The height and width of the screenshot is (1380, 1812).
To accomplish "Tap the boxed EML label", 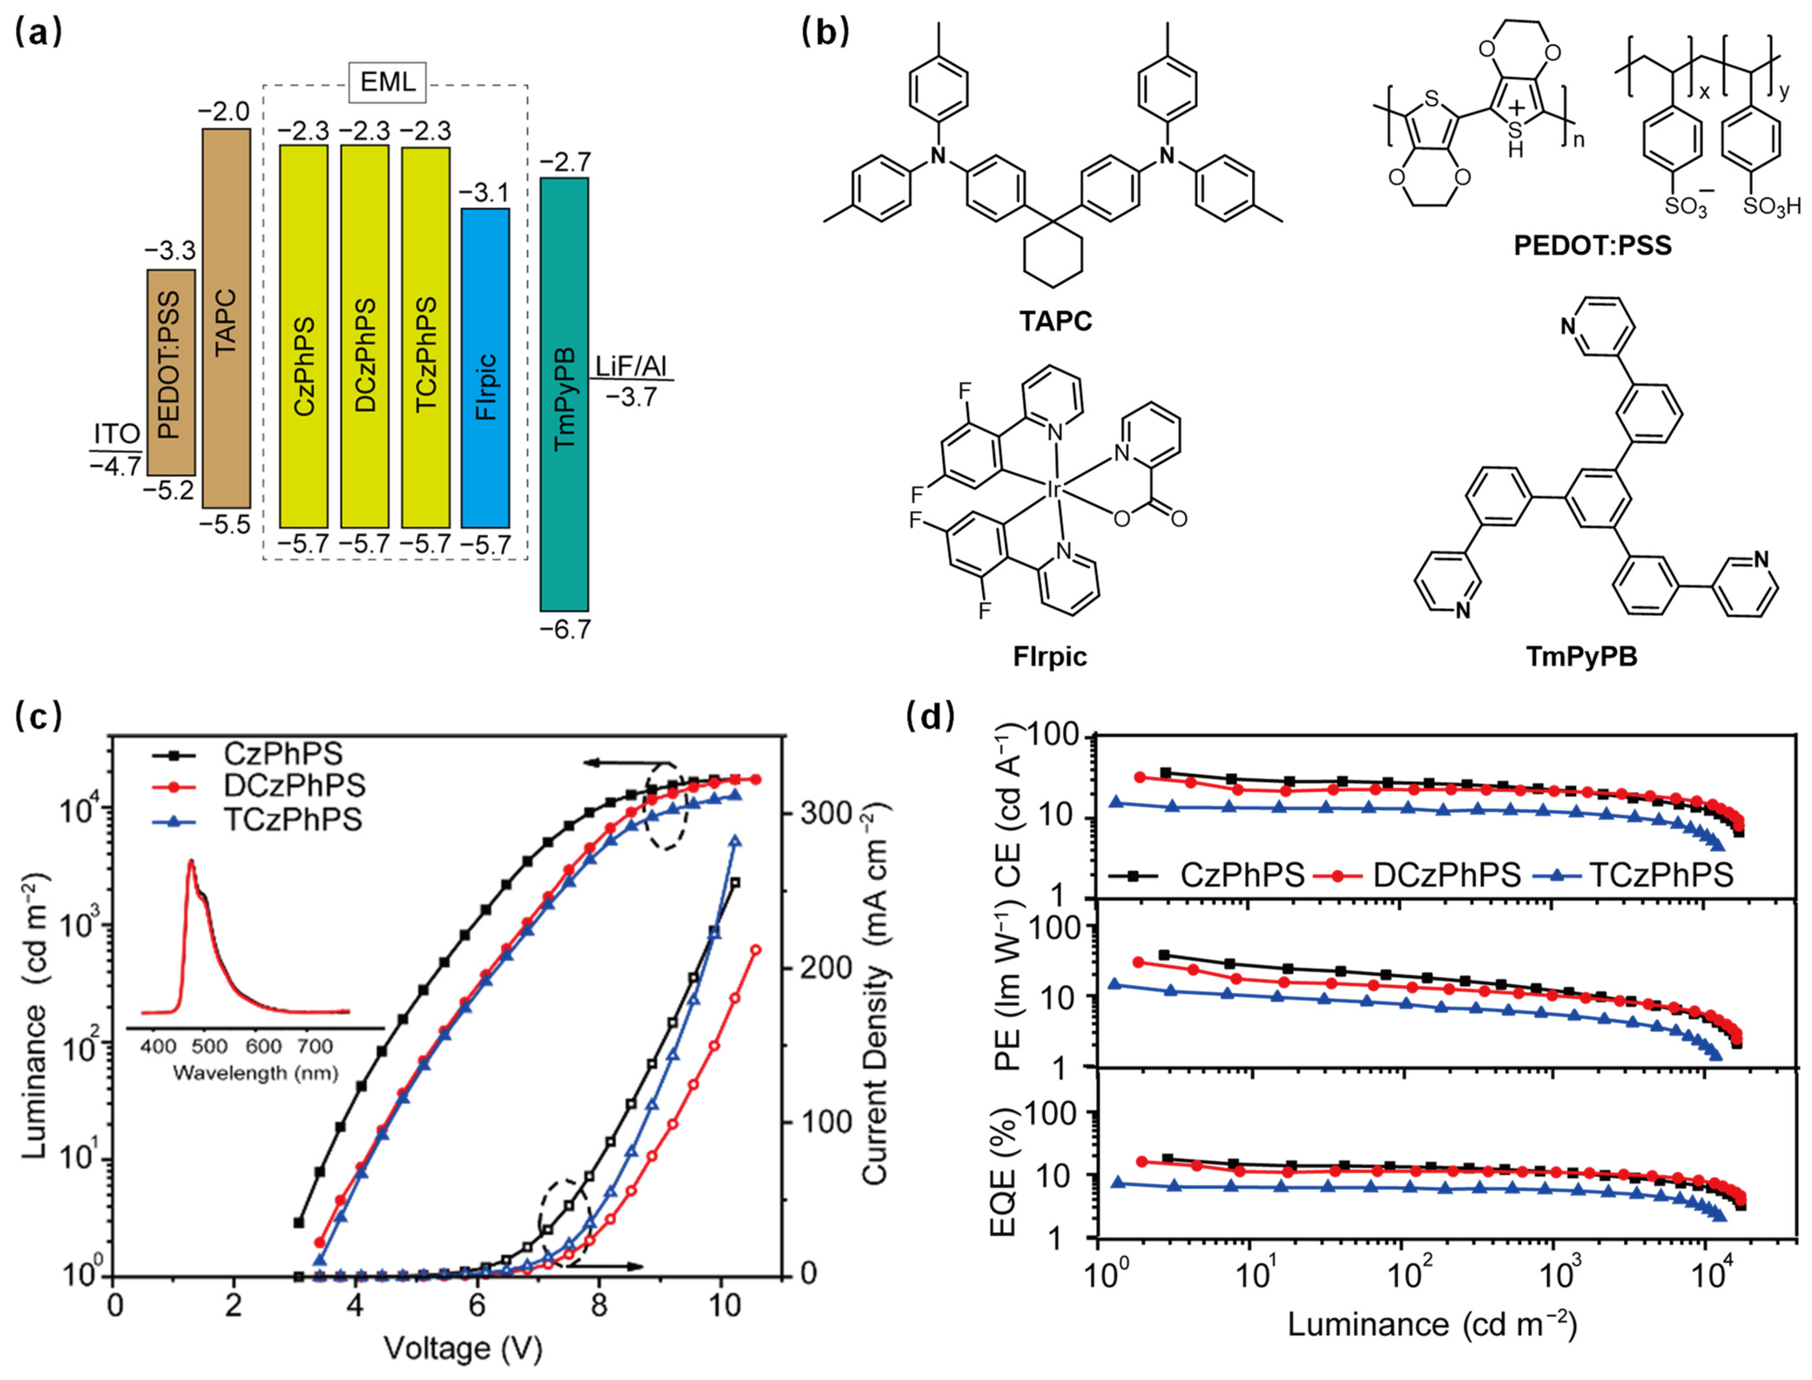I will tap(388, 82).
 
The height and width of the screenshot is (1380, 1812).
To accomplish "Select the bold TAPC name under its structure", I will tap(1056, 320).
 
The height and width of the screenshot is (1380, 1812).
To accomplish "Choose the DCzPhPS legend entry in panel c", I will tap(294, 785).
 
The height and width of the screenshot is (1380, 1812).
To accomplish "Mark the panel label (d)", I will tap(931, 716).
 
